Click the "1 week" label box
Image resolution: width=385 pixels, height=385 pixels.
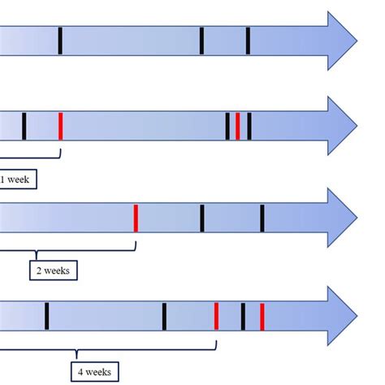[x=16, y=179]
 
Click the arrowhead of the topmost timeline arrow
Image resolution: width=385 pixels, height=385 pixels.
[x=341, y=41]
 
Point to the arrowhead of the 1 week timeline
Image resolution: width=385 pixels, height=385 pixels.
[x=341, y=126]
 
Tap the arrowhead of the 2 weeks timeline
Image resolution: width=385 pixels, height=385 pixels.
[x=341, y=218]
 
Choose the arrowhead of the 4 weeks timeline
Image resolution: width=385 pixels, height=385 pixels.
[x=341, y=316]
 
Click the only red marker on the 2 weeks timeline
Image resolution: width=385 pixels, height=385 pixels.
[x=136, y=218]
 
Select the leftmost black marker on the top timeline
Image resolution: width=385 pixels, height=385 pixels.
[x=60, y=41]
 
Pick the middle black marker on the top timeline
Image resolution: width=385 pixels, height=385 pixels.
[x=201, y=41]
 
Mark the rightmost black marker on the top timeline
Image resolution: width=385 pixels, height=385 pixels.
[x=248, y=41]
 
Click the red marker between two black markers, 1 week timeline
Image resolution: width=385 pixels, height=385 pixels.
[x=237, y=126]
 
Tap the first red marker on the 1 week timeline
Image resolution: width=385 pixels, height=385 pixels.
[x=60, y=126]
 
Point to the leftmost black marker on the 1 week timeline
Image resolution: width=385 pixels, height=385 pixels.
[x=24, y=126]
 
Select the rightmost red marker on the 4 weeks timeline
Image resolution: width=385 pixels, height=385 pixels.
[x=262, y=316]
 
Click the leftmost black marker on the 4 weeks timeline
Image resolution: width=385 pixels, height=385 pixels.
[x=46, y=316]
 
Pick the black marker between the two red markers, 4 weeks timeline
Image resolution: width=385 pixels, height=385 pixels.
[x=243, y=316]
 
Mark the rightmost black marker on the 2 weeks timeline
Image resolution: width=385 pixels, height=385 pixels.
[x=262, y=218]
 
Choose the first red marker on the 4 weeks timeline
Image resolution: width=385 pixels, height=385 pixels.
[x=216, y=316]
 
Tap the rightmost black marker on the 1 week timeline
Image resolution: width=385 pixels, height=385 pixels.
[x=249, y=126]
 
